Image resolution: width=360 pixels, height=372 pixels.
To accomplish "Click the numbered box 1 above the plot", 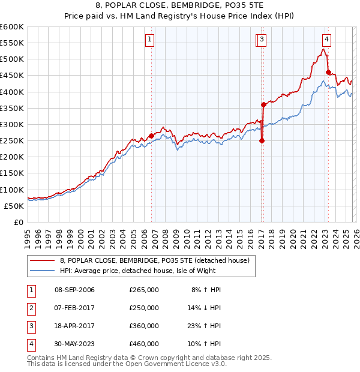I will [149, 40].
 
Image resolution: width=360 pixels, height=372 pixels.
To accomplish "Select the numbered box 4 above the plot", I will [326, 40].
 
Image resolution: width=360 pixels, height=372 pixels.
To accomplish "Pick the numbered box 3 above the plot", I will [263, 40].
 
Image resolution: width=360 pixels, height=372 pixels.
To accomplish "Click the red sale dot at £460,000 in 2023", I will [328, 73].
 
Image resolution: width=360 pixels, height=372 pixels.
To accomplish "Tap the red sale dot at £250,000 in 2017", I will [262, 141].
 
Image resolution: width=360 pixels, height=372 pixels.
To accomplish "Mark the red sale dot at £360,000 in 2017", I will [263, 105].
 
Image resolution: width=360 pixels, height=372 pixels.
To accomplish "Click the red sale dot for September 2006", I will [151, 136].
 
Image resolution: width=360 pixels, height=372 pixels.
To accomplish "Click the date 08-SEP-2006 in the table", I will [74, 290].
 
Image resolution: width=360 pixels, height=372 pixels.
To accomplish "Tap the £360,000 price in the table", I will [144, 326].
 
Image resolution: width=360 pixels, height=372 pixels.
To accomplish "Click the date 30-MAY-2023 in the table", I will [74, 344].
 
